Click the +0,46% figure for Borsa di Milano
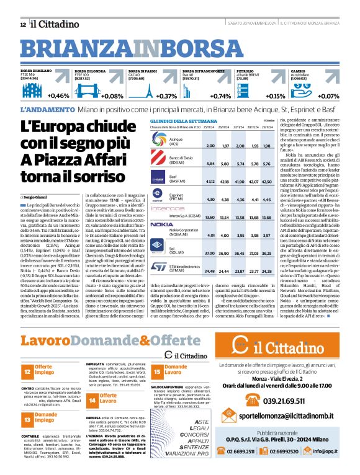tap(58, 95)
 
